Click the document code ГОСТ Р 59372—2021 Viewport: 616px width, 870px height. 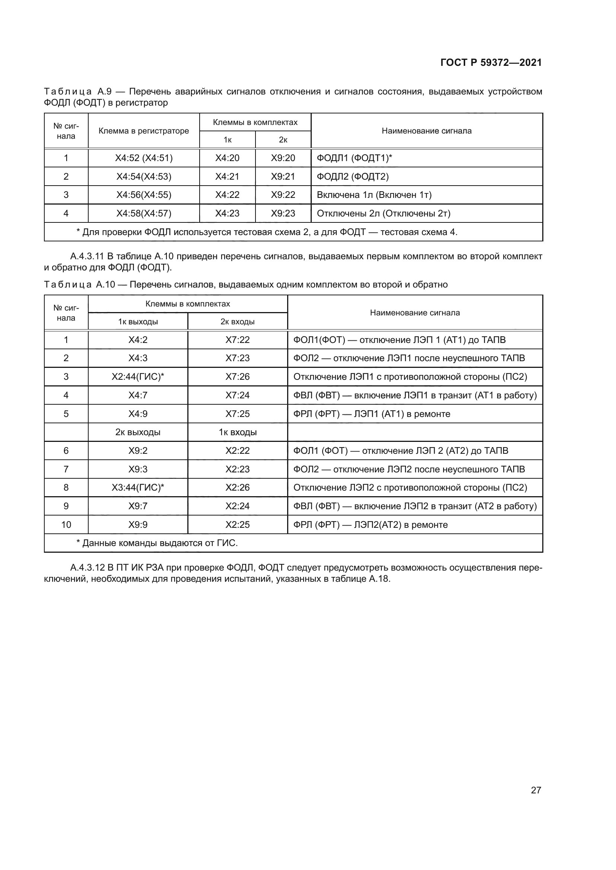point(491,62)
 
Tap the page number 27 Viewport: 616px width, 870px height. point(536,790)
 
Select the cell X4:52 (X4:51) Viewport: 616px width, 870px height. point(144,158)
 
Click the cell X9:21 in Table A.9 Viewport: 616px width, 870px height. point(283,177)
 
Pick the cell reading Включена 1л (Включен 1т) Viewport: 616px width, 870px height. point(374,195)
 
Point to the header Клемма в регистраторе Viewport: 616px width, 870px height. point(144,131)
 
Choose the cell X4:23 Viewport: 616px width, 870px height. point(227,214)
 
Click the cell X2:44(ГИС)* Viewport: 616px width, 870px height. point(138,377)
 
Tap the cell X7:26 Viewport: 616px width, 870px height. point(238,377)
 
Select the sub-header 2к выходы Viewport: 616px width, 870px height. point(138,432)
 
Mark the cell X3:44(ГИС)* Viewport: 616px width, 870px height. point(138,488)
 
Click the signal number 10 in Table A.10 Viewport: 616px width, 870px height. point(66,525)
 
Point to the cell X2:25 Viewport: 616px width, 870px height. point(238,525)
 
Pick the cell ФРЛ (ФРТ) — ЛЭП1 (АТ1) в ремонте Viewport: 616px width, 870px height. point(372,414)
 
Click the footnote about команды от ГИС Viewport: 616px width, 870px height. point(157,543)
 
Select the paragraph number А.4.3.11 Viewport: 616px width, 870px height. point(87,257)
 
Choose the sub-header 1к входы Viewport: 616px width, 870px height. point(238,432)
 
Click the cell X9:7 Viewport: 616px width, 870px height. point(138,506)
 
